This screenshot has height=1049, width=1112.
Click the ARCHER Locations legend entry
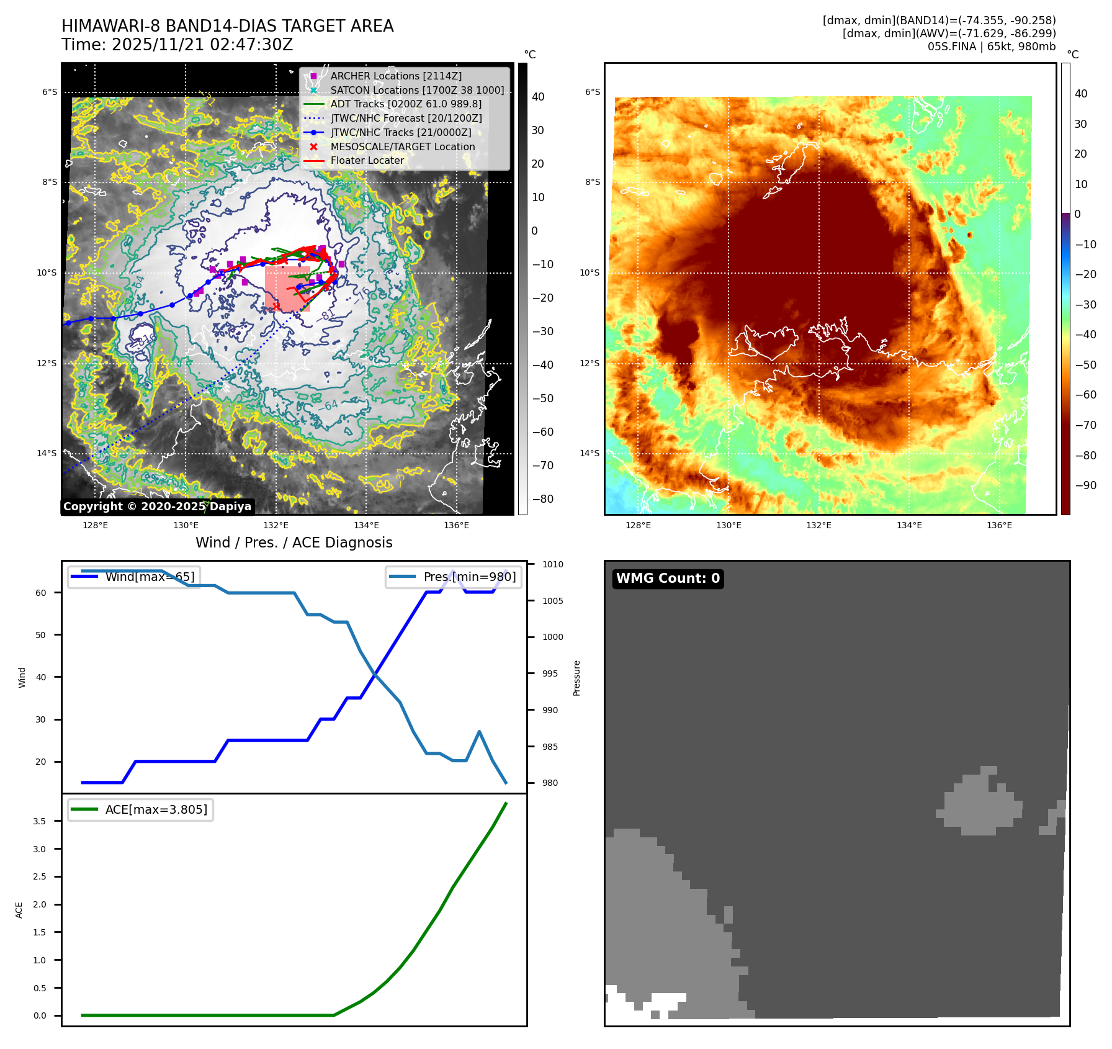(x=396, y=76)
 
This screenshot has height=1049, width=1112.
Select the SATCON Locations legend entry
(x=417, y=90)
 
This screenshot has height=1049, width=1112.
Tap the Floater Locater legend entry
(x=367, y=160)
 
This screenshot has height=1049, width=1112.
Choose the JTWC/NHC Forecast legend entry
(x=406, y=118)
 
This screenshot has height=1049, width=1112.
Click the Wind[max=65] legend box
(x=134, y=577)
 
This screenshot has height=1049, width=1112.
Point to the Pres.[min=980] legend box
(x=453, y=577)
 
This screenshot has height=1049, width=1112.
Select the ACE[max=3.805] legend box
(x=140, y=809)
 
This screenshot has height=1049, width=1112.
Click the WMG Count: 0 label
(x=668, y=579)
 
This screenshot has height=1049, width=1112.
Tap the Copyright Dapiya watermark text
(x=157, y=506)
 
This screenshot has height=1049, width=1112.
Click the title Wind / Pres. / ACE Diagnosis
(x=294, y=543)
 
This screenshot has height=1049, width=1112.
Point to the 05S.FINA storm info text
(x=991, y=47)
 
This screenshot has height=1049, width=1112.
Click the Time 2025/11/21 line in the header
(x=177, y=45)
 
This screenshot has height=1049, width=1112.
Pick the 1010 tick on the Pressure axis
(x=552, y=564)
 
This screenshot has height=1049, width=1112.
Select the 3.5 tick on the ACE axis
(x=40, y=821)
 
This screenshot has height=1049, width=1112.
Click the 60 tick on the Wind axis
(x=41, y=593)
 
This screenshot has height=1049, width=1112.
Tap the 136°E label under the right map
(x=999, y=525)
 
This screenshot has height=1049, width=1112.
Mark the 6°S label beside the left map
(x=50, y=92)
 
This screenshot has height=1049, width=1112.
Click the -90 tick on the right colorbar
(x=1085, y=485)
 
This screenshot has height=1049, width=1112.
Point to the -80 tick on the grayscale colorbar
(x=542, y=499)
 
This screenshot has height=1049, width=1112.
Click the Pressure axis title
(x=576, y=678)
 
